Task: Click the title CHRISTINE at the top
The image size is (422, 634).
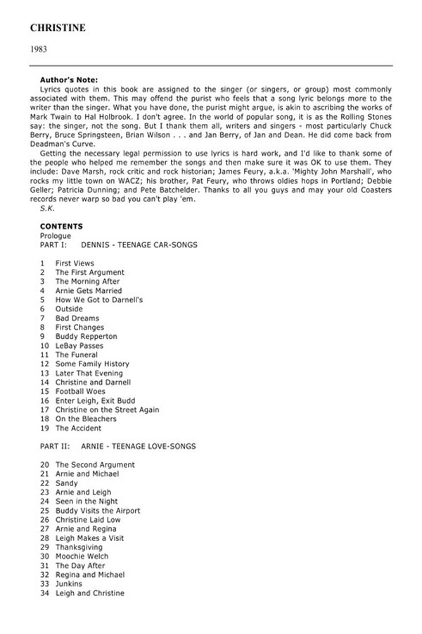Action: [58, 28]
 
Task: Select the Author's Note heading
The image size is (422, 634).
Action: [69, 80]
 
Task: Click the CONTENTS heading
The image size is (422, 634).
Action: [61, 226]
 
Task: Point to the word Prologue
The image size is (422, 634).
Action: [55, 235]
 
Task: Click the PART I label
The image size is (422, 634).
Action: [53, 244]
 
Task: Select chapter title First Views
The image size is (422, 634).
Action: [75, 263]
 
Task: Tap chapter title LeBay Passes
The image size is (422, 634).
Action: [79, 346]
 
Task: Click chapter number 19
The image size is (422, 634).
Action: [44, 428]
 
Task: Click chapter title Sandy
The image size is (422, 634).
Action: [67, 483]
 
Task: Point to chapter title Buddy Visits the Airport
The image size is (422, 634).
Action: [98, 511]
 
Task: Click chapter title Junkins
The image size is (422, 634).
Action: [69, 583]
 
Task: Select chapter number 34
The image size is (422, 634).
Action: [44, 592]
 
